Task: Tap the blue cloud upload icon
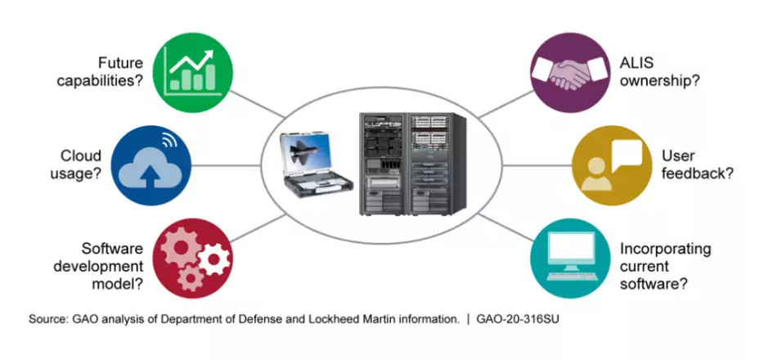[x=151, y=163]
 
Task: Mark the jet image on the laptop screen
[x=308, y=155]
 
